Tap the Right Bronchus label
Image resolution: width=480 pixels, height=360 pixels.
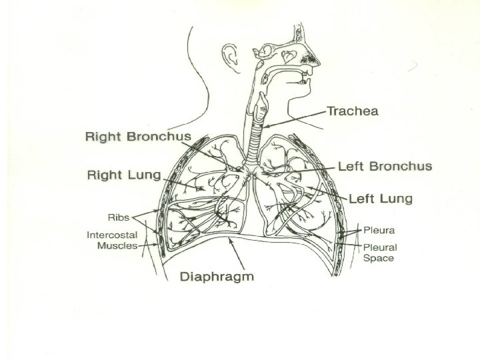[138, 137]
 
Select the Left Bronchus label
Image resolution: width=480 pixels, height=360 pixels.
[385, 166]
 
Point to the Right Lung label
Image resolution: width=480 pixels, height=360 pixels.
[125, 175]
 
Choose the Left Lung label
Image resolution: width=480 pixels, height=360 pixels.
[381, 199]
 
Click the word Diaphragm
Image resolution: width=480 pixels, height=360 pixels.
[218, 276]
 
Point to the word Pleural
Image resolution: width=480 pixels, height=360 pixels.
[379, 247]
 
